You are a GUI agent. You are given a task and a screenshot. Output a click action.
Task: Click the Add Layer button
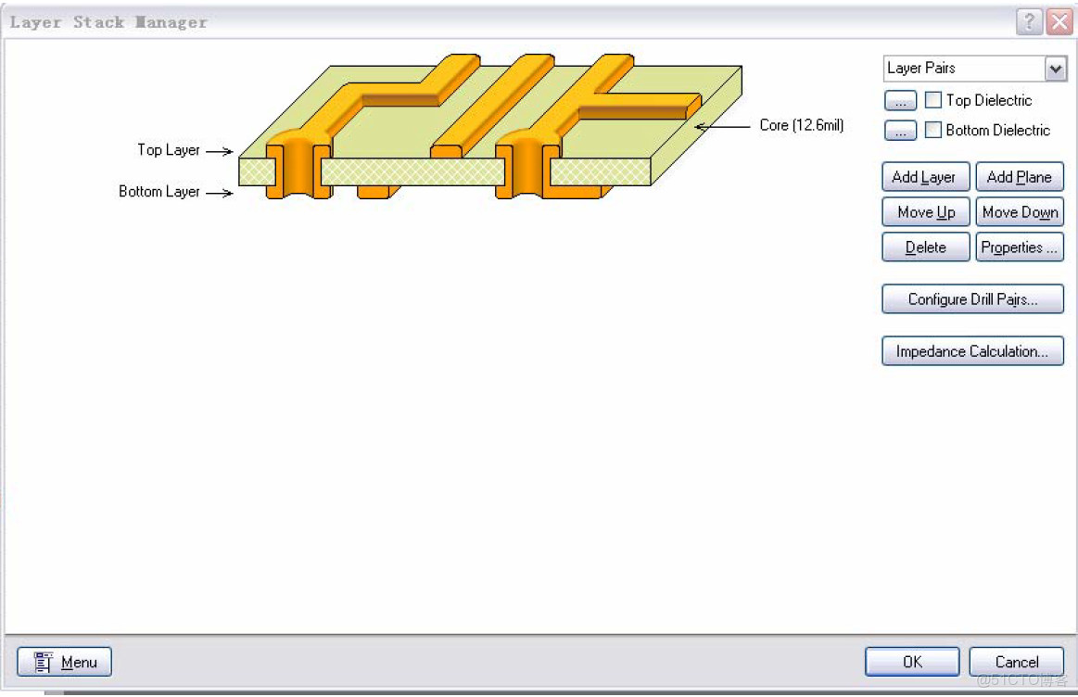coord(924,177)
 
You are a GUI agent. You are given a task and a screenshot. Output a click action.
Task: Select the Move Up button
coord(925,212)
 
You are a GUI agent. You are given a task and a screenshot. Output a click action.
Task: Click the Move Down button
coord(1019,212)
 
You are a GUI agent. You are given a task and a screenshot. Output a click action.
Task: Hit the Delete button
coord(925,247)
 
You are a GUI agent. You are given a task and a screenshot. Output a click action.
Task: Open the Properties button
coord(1019,247)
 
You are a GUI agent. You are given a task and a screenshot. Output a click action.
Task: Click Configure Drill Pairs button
coord(972,299)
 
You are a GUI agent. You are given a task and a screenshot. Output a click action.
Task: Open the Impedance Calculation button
coord(972,351)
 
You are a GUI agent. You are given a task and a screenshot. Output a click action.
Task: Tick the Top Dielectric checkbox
coord(933,100)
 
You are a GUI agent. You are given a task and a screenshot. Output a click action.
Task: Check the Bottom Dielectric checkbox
coord(933,130)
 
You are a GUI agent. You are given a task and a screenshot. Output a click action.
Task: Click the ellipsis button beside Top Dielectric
coord(900,101)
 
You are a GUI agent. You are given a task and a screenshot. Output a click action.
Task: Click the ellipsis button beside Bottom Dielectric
coord(900,131)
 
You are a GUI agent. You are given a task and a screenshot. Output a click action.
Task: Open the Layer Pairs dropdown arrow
coord(1055,69)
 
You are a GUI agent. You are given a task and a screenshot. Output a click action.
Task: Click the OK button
coord(912,662)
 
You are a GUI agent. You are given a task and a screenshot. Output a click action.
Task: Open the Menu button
coord(65,662)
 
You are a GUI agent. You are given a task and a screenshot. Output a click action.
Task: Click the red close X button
coord(1059,22)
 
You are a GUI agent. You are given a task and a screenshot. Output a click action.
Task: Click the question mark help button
coord(1030,22)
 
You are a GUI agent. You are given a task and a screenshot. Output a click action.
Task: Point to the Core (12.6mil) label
coord(801,125)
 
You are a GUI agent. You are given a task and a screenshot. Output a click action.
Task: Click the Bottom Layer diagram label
coord(159,192)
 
